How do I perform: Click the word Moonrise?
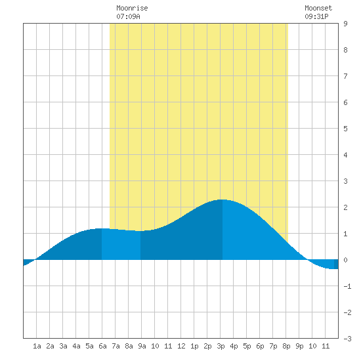132,8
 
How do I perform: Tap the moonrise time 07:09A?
128,16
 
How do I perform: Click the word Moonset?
318,8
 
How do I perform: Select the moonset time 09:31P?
316,16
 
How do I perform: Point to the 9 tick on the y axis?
345,24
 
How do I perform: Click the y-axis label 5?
345,129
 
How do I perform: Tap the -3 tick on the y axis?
347,339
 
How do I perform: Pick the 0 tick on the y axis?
345,260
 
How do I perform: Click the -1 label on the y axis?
347,286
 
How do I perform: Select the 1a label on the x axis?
37,346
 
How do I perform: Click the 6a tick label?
102,346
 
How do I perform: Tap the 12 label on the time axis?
181,346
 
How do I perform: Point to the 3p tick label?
221,346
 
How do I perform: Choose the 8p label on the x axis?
286,346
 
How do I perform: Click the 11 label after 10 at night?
326,346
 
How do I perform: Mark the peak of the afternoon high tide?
222,200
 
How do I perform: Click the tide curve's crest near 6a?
100,228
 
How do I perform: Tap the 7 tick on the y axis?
345,76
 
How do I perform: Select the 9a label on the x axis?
142,346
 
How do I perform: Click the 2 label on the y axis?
345,207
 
